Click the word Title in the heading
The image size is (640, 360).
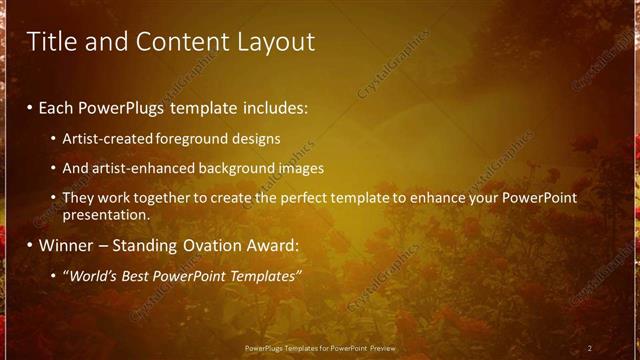(x=49, y=42)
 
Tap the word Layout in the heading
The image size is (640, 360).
(x=272, y=42)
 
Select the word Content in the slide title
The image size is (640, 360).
(x=174, y=42)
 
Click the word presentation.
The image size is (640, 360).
(x=105, y=215)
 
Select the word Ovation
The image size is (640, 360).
(x=226, y=245)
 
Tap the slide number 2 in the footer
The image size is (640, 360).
(x=590, y=348)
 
